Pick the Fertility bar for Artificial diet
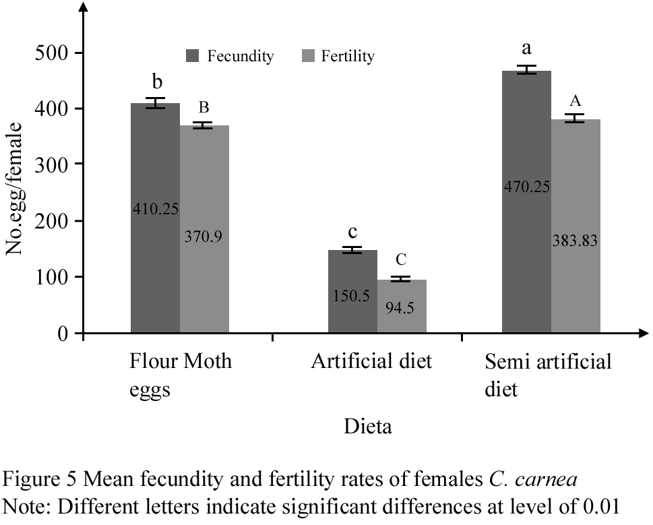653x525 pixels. tap(402, 317)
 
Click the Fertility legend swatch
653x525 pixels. tap(307, 57)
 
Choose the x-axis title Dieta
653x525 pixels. tap(367, 427)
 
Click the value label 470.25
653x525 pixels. tap(526, 187)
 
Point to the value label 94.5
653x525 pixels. tap(402, 308)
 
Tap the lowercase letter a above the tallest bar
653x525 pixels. tap(527, 50)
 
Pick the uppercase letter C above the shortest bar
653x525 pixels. tap(401, 260)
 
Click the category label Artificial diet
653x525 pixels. tap(371, 362)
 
